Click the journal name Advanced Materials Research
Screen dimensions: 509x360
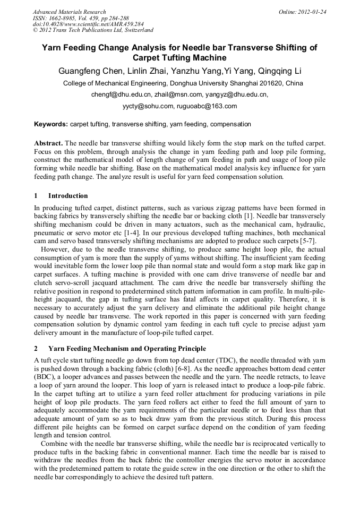coord(69,12)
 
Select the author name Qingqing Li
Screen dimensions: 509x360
coord(280,71)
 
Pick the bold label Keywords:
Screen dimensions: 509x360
coord(51,124)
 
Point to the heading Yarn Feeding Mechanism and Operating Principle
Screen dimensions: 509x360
coord(127,349)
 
